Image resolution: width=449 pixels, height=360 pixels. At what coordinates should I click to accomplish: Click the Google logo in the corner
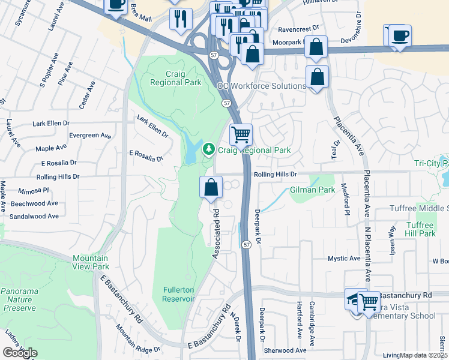[20, 353]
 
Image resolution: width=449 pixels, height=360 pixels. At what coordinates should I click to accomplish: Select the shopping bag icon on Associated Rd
[211, 187]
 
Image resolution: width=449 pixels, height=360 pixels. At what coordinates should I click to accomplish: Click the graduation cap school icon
[355, 298]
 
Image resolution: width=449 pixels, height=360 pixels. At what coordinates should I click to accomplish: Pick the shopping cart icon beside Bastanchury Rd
[370, 301]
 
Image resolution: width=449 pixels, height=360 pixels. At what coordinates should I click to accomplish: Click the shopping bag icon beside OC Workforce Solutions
[317, 77]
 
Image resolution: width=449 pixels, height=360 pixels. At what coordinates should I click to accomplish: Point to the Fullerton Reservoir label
[179, 294]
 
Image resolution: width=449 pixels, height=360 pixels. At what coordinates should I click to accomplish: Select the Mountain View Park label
[91, 262]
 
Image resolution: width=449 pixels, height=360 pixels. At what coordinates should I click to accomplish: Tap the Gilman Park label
[312, 190]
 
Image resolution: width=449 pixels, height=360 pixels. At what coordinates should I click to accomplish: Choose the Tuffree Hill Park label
[420, 229]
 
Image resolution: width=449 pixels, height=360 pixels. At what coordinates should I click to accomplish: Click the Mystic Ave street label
[343, 259]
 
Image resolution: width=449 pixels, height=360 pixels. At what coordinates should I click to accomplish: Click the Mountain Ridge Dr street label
[138, 339]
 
